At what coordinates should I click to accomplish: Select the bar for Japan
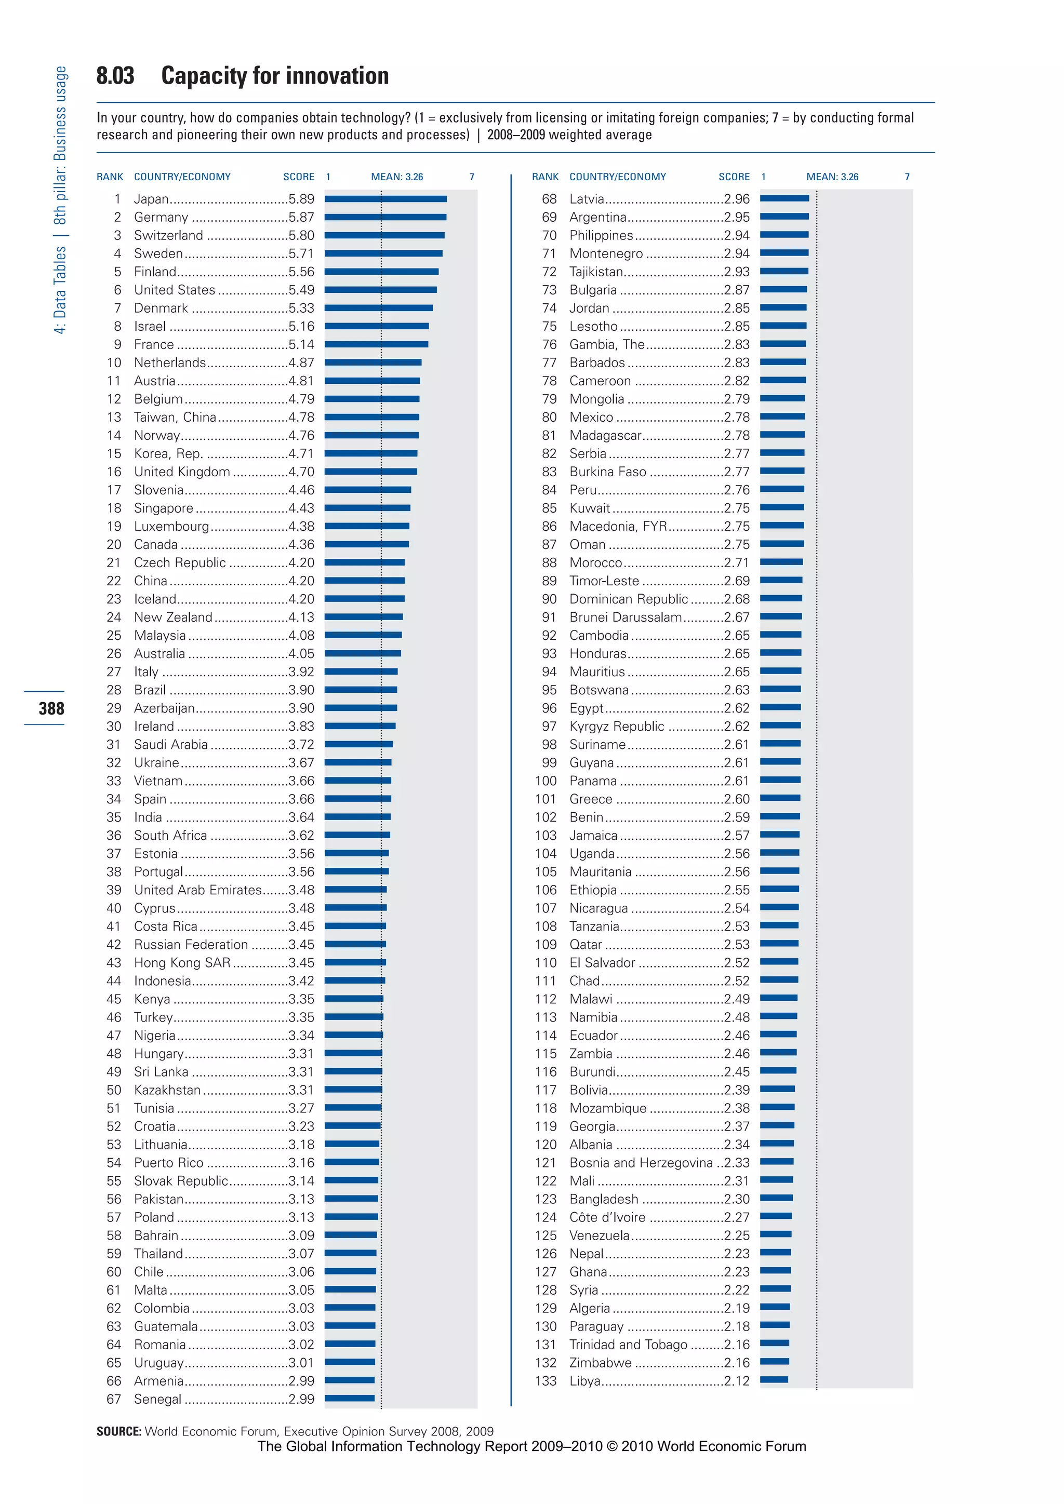pos(385,198)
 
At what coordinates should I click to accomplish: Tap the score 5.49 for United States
pos(301,290)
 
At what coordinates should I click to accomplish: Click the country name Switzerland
pos(168,235)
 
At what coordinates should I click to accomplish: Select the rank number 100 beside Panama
pos(545,781)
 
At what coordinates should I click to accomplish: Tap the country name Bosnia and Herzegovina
pos(641,1163)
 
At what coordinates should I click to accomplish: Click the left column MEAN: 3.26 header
pos(396,177)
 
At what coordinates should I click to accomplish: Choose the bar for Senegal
pos(349,1398)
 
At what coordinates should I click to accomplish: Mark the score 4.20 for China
pos(301,581)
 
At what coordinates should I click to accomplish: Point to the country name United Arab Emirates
pos(197,890)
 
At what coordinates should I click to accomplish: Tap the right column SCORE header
pos(734,177)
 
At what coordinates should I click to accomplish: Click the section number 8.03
pos(115,76)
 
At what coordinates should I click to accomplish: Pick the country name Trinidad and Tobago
pos(628,1344)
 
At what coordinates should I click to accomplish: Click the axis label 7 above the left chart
pos(472,177)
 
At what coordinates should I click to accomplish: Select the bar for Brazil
pos(361,689)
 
